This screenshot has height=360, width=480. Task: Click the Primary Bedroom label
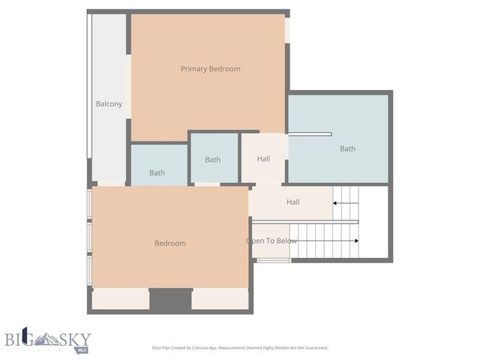tap(210, 69)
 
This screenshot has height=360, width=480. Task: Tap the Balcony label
tap(109, 104)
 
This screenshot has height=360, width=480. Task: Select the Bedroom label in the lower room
tap(170, 243)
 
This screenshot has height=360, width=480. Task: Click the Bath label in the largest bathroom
tap(347, 148)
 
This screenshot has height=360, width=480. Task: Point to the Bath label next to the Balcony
tap(157, 173)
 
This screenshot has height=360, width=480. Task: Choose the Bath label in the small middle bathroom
tap(213, 160)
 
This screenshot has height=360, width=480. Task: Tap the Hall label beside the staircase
tap(292, 202)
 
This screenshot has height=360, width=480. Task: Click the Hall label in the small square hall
tap(263, 159)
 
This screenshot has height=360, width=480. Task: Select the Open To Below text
tap(271, 241)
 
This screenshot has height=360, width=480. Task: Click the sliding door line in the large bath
tap(309, 135)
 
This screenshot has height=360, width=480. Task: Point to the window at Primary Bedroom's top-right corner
tap(287, 30)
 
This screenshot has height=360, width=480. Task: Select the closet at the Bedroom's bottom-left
tap(120, 299)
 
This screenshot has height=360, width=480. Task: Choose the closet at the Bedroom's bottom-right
tap(220, 299)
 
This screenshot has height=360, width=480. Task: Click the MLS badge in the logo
tap(81, 349)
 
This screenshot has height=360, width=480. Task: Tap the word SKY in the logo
tap(73, 338)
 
